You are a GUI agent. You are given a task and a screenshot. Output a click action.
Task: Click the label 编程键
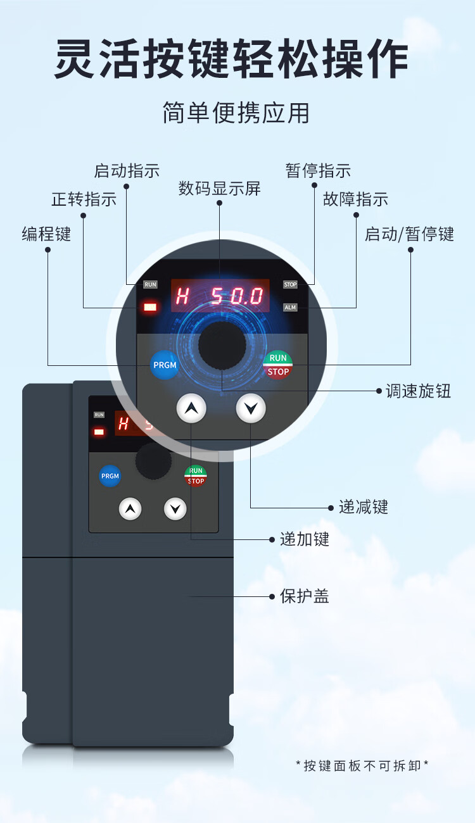tap(46, 234)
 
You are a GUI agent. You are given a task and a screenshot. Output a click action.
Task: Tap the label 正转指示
tap(84, 199)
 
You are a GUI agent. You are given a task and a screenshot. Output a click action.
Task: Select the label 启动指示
tap(127, 171)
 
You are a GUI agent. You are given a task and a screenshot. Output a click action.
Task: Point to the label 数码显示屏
tap(219, 188)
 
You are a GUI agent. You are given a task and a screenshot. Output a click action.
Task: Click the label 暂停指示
tap(318, 171)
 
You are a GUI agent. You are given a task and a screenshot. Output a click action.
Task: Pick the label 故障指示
tap(355, 199)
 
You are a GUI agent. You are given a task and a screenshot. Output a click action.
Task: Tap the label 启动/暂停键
tap(409, 234)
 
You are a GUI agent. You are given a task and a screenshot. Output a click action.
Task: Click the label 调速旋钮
tap(419, 391)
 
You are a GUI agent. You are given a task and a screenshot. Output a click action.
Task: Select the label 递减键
tap(363, 507)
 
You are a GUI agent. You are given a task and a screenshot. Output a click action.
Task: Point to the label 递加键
tap(305, 539)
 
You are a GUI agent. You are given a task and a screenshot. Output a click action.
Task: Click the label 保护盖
tap(305, 596)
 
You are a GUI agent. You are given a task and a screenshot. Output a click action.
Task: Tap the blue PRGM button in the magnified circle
tap(165, 365)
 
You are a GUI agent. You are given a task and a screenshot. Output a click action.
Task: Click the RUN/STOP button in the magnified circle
tap(278, 365)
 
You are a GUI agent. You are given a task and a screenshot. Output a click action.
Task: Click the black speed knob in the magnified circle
tap(222, 345)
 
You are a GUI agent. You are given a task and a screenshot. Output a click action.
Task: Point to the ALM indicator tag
tap(290, 307)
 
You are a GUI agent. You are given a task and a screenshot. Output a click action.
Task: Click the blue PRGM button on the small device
tap(110, 476)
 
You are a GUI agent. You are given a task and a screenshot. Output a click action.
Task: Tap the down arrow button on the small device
tap(175, 508)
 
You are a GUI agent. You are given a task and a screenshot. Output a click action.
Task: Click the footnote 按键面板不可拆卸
tap(362, 766)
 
